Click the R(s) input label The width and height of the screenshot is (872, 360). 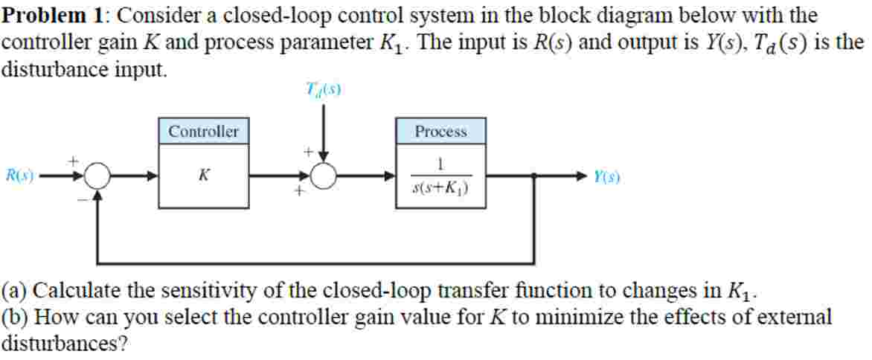[x=19, y=176]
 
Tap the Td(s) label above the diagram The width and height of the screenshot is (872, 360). [x=323, y=90]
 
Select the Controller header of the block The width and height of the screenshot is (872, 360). [x=203, y=132]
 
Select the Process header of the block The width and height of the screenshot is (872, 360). [x=440, y=132]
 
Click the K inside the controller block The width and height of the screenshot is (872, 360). [x=203, y=176]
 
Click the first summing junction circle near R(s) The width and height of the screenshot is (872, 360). [x=97, y=177]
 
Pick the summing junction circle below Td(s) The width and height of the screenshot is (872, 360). [x=324, y=177]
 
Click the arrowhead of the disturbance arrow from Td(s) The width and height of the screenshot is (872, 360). [x=324, y=157]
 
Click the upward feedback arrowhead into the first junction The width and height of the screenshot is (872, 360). [x=97, y=196]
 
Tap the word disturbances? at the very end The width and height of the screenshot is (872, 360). [x=62, y=344]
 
